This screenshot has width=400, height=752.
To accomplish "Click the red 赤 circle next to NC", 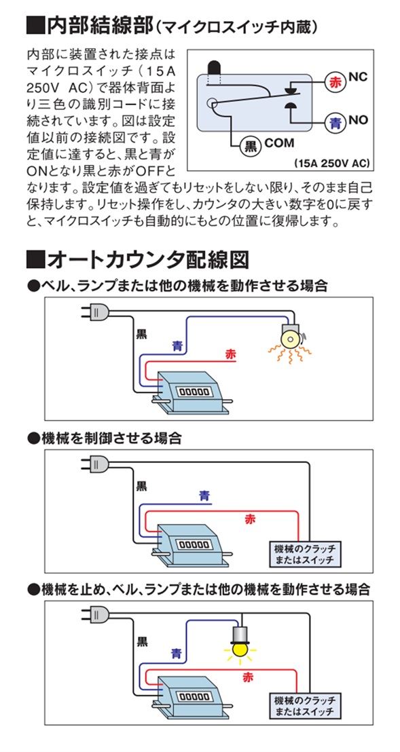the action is point(334,81).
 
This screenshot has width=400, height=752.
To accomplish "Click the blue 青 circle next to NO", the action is point(335,123).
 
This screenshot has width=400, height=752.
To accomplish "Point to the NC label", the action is point(357,77).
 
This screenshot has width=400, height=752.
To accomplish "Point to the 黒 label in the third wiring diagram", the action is point(142,641).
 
